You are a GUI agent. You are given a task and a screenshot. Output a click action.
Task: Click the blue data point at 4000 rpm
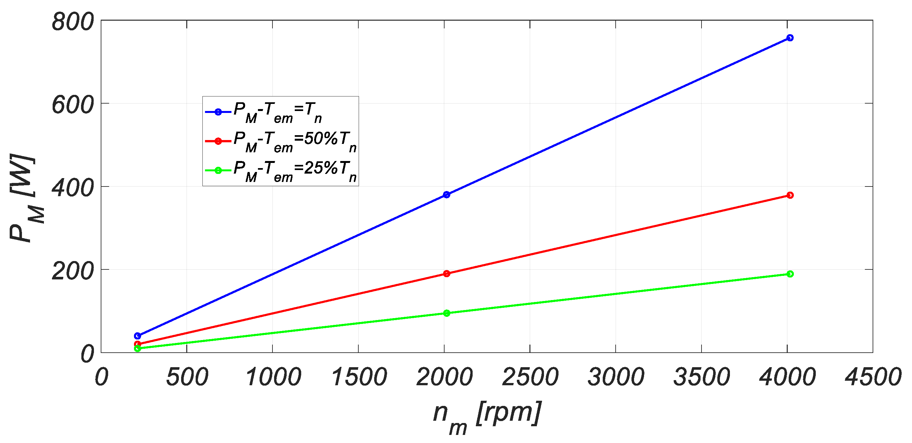click(790, 38)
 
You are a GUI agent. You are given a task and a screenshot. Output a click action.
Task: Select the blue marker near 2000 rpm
click(446, 195)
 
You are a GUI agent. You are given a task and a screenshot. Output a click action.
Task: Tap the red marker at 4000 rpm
click(790, 195)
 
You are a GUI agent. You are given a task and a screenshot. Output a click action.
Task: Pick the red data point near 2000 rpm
click(446, 274)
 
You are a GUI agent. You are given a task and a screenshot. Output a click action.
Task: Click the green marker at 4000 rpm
click(790, 274)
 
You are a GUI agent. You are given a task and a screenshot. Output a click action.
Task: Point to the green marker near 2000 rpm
click(446, 313)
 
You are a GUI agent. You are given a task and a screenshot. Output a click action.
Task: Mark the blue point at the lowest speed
click(138, 336)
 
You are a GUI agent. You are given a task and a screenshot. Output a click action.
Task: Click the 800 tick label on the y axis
click(73, 22)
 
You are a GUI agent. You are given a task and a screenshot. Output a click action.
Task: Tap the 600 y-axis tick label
click(73, 105)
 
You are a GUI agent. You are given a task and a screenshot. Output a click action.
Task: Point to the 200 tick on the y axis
click(73, 271)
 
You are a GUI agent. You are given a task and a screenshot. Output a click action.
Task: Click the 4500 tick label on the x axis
click(873, 377)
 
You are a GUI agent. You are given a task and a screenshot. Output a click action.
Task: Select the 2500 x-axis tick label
click(530, 377)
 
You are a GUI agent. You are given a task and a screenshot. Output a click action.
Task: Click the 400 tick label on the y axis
click(73, 188)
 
